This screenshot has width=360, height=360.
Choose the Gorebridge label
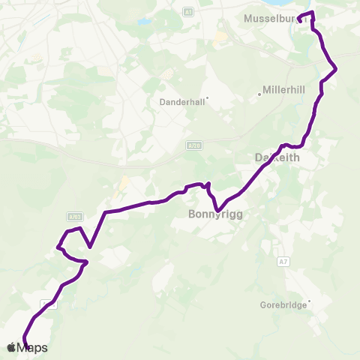tap(283, 306)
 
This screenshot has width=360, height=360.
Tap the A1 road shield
tap(189, 13)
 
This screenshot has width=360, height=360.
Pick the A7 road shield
tap(283, 261)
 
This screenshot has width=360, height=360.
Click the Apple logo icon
tap(11, 347)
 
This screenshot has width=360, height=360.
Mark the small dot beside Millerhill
tap(259, 94)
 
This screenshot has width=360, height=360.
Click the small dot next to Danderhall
tap(207, 97)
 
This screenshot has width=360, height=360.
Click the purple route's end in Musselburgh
tap(299, 20)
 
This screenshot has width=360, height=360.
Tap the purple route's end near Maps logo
tap(26, 346)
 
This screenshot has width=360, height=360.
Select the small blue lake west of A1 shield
tap(142, 21)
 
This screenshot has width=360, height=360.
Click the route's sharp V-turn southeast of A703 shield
tap(89, 246)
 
